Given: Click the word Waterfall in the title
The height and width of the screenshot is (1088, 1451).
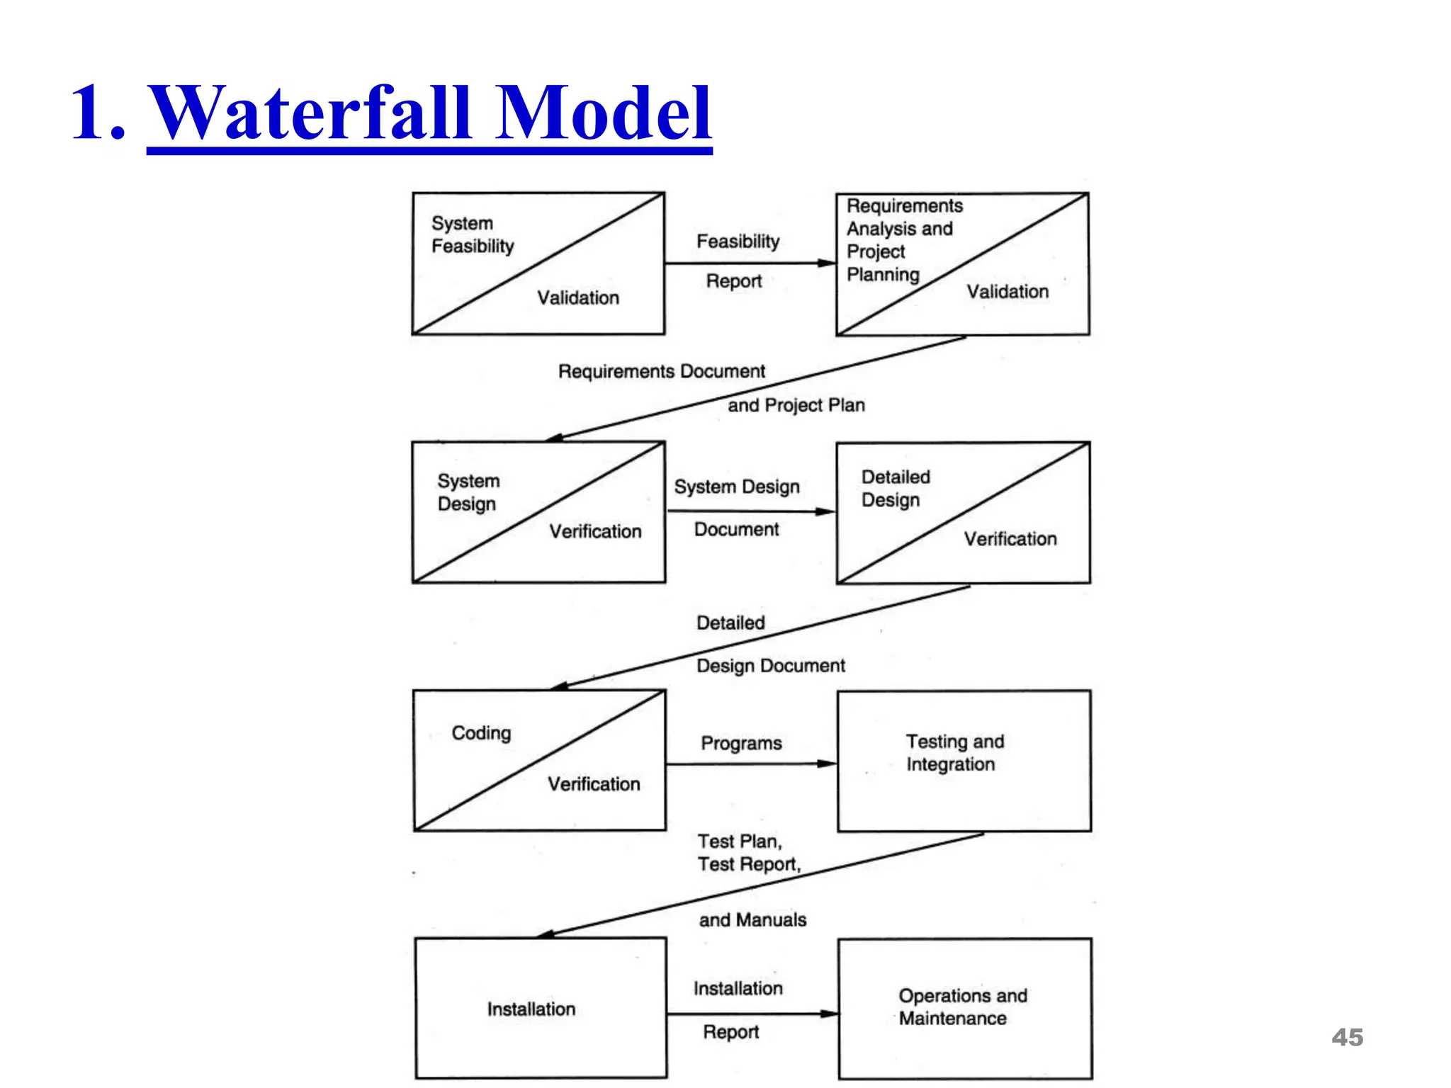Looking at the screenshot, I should [312, 113].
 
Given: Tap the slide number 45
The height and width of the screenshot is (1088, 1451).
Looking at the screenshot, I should [1347, 1037].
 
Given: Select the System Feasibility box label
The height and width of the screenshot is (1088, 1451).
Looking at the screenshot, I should [473, 234].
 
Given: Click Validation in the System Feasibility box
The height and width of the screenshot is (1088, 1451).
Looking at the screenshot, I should [578, 297].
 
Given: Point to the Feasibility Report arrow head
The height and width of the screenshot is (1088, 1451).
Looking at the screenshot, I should [828, 263].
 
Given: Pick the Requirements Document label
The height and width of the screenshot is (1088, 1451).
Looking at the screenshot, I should [661, 371].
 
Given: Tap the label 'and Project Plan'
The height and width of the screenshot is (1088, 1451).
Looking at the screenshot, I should [796, 405].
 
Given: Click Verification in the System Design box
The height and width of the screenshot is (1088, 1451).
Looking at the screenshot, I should [595, 531].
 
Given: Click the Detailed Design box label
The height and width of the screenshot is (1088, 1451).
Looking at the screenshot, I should [895, 488].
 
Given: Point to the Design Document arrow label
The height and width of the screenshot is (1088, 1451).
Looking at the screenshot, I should [770, 666].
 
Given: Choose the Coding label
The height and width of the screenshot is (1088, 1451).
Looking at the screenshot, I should [481, 733].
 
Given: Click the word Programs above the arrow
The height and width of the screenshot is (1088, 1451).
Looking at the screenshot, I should [741, 743].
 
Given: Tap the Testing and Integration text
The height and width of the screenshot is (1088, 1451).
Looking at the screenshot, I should [954, 752].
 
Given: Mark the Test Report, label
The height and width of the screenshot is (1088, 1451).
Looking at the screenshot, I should [749, 864].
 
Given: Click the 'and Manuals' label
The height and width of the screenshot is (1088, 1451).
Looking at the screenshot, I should [752, 919].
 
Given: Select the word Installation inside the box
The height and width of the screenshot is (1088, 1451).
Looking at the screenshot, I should [531, 1009].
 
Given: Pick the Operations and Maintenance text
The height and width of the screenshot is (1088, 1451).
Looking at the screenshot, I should [961, 1007].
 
